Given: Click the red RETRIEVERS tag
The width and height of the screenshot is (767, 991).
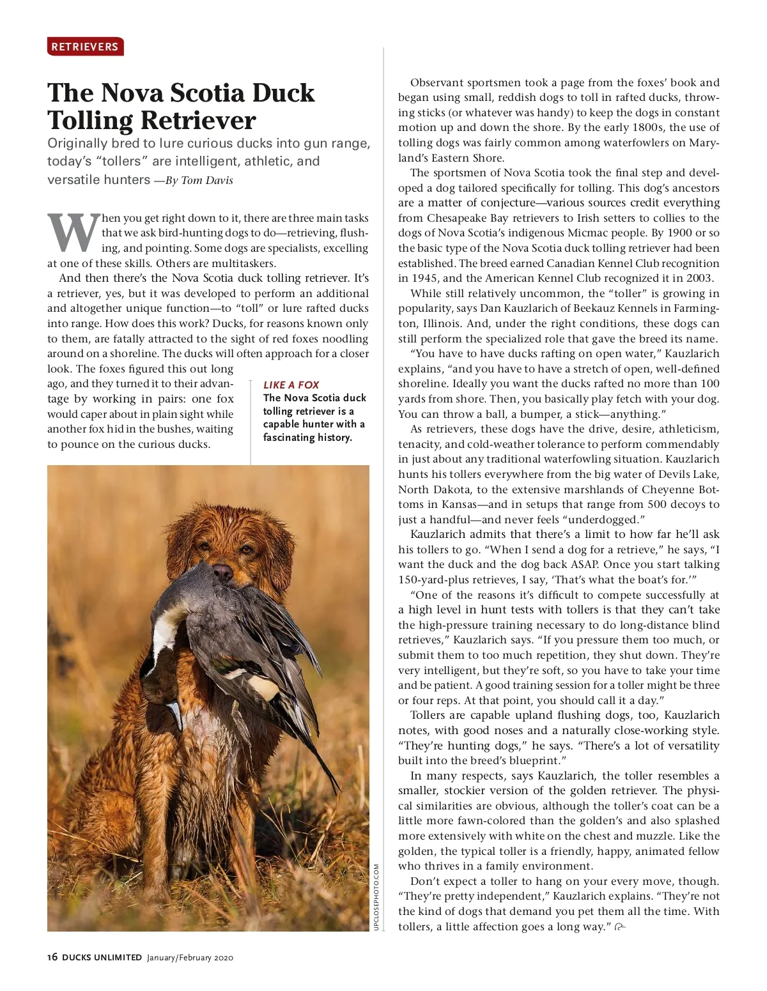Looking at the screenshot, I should coord(85,47).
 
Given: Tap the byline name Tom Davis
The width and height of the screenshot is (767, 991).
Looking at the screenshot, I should coord(207,180).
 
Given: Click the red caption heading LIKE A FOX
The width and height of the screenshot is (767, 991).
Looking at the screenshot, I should coord(291,385).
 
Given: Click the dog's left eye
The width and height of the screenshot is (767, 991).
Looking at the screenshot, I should coord(246,548).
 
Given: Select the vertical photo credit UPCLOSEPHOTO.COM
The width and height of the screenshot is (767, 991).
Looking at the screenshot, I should coord(376,897).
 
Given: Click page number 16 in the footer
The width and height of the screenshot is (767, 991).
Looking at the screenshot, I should coord(52,957).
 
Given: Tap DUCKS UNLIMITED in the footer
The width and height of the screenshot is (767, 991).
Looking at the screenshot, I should coord(102,957).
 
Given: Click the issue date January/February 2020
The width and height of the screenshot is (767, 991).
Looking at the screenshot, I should coord(190,957).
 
